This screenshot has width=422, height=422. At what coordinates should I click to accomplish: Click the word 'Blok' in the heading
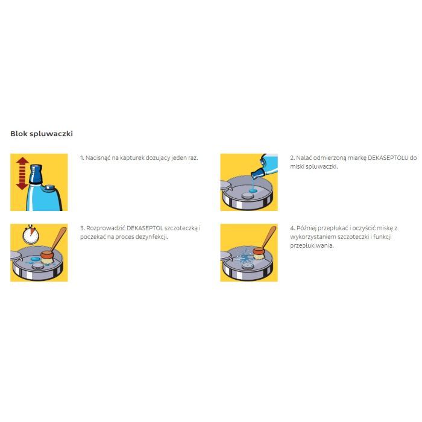pyautogui.click(x=19, y=133)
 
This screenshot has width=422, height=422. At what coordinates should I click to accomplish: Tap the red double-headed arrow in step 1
pyautogui.click(x=22, y=174)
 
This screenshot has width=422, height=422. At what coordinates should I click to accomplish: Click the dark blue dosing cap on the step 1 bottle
pyautogui.click(x=36, y=174)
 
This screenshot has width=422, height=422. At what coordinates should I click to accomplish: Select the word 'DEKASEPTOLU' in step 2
pyautogui.click(x=388, y=158)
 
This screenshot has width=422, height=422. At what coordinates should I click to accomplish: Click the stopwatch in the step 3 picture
pyautogui.click(x=31, y=235)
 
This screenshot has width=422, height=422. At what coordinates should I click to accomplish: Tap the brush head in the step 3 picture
pyautogui.click(x=47, y=257)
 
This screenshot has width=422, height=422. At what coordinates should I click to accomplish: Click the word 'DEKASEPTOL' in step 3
pyautogui.click(x=145, y=228)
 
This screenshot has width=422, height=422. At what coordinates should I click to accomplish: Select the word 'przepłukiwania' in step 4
pyautogui.click(x=312, y=246)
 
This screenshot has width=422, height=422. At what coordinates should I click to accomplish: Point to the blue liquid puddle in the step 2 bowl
pyautogui.click(x=253, y=191)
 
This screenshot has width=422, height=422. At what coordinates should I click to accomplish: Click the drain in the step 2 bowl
pyautogui.click(x=247, y=196)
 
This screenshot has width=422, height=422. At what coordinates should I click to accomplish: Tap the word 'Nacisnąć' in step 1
pyautogui.click(x=98, y=158)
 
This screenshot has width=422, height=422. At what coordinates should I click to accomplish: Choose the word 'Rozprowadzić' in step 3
pyautogui.click(x=105, y=228)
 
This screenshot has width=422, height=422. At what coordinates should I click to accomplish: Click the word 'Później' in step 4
pyautogui.click(x=306, y=228)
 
